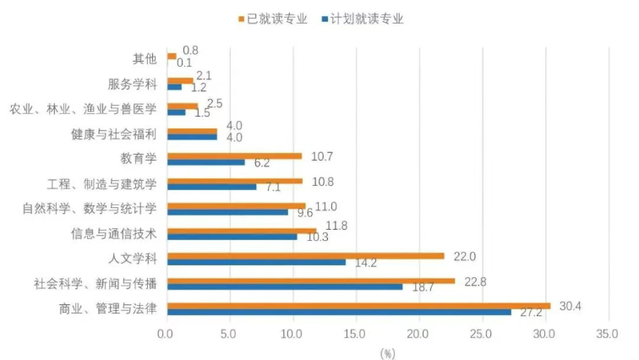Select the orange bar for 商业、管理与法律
pos(358,305)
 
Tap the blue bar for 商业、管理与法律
pos(338,312)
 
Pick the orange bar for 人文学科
pos(305,255)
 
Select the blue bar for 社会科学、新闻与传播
pos(285,286)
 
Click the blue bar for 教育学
pos(206,161)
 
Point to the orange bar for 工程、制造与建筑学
pos(234,180)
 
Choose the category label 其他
pos(145,59)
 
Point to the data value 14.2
pos(365,263)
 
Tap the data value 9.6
pos(305,213)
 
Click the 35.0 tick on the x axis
pos(608,334)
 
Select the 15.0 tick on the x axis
pos(355,334)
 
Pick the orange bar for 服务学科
pos(180,81)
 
